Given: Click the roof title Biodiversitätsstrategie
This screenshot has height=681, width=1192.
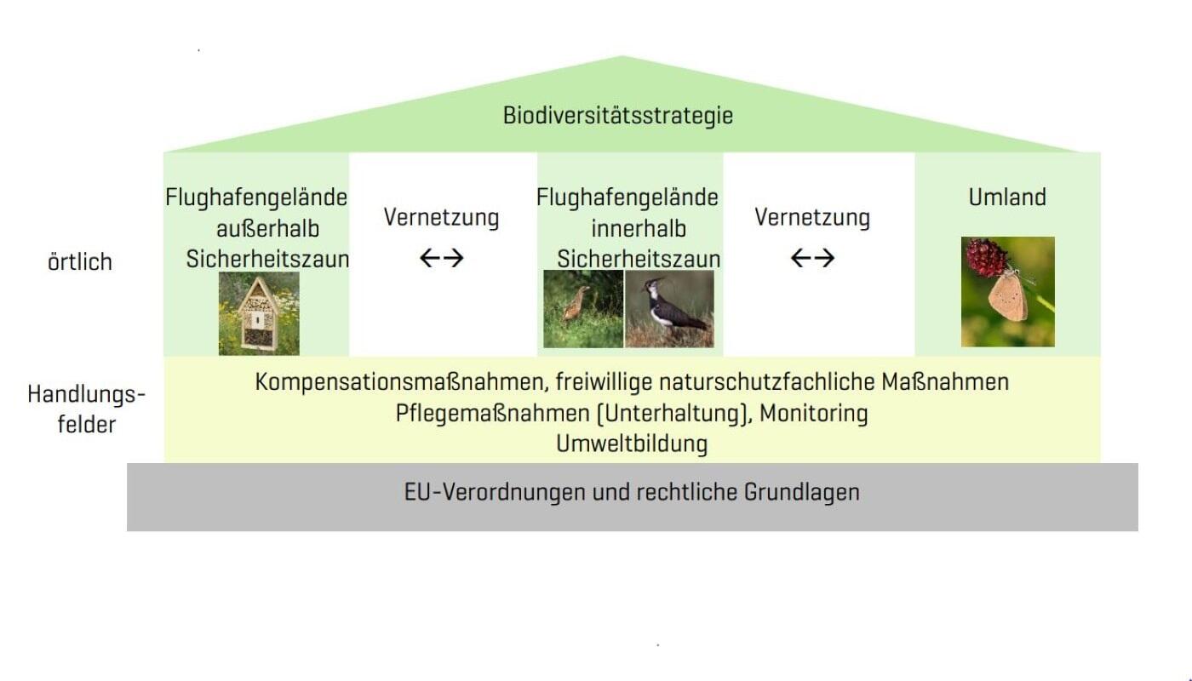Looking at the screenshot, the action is [x=618, y=116].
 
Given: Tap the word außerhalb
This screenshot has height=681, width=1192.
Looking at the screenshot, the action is [x=267, y=229].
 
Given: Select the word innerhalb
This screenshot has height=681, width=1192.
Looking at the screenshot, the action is [x=639, y=229].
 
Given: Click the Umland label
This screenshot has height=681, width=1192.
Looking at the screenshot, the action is [x=1007, y=197].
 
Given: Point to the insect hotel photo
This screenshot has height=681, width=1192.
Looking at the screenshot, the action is [x=259, y=313].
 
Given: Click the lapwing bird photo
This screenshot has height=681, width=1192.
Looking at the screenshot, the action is [x=669, y=308].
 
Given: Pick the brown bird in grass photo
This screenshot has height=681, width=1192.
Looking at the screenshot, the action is [x=583, y=308].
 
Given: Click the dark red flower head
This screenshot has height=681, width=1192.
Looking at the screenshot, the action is [x=986, y=257].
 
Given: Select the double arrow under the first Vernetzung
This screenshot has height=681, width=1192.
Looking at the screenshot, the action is [x=442, y=258].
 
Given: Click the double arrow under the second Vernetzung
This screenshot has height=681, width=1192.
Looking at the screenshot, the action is [x=812, y=258].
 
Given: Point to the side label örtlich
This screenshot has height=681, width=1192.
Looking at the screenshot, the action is [x=80, y=262].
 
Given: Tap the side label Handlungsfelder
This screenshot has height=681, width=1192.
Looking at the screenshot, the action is [x=86, y=409].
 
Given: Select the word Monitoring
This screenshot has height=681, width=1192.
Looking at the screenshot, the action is [x=814, y=414].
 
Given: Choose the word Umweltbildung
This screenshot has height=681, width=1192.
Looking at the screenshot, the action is [x=632, y=444].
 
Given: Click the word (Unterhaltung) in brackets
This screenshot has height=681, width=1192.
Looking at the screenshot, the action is [x=674, y=414].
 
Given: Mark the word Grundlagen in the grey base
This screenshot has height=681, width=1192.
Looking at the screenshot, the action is [x=802, y=492].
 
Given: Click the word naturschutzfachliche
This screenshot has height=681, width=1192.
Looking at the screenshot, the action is [x=767, y=382].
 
